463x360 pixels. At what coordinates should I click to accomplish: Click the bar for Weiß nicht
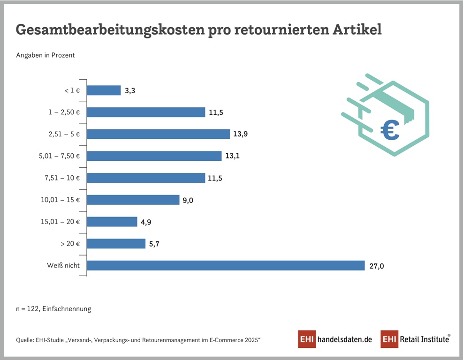[x=226, y=265]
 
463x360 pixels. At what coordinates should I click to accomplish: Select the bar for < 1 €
[x=104, y=90]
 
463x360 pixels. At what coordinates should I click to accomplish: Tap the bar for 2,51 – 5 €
[x=158, y=134]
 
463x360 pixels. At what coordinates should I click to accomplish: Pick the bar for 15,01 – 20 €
[x=112, y=222]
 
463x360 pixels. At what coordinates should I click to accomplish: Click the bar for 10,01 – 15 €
[x=133, y=200]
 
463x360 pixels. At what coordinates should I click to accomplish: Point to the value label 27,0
[x=376, y=266]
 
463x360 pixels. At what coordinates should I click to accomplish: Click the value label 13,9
[x=241, y=135]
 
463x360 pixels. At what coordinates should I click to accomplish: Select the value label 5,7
[x=155, y=244]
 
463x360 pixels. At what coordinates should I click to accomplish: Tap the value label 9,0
[x=188, y=200]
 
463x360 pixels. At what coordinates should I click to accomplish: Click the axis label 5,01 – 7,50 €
[x=59, y=156]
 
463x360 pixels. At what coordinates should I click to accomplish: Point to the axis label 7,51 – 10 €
[x=62, y=178]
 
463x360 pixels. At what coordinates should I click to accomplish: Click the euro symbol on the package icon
[x=390, y=130]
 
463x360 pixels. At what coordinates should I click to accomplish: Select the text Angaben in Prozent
[x=46, y=55]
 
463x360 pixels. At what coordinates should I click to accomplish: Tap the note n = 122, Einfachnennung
[x=53, y=309]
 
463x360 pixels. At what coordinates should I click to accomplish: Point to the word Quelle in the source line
[x=25, y=340]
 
